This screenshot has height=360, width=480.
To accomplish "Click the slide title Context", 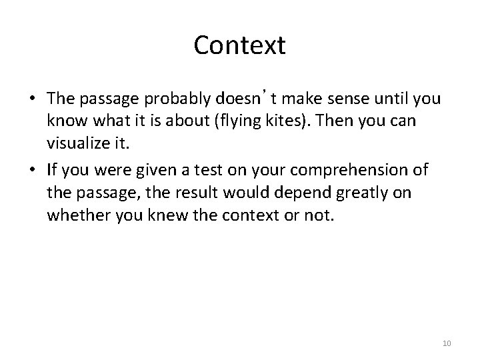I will tap(239, 46).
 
